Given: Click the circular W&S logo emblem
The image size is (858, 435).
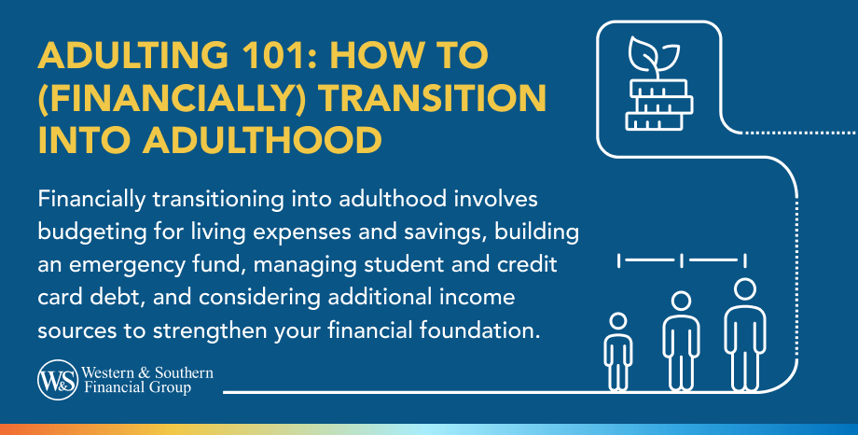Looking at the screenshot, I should [x=57, y=380].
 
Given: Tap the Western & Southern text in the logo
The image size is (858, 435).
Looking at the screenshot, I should [x=147, y=373].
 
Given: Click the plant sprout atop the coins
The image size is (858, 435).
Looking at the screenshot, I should [x=646, y=57].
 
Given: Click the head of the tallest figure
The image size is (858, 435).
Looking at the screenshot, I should [x=744, y=288].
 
